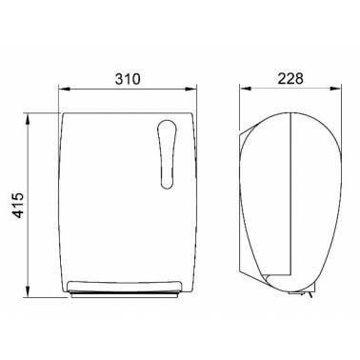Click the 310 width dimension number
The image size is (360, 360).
(128, 79)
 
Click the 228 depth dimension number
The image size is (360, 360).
(290, 78)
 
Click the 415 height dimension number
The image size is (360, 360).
(18, 205)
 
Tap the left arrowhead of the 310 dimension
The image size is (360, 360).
(65, 90)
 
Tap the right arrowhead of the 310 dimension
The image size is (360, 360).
(190, 90)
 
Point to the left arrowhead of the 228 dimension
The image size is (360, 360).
(246, 90)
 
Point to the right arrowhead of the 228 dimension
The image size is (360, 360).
(335, 90)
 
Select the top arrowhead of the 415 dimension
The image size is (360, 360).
(28, 118)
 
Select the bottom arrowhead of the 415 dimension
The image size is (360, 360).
(28, 291)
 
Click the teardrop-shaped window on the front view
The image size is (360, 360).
(167, 154)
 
